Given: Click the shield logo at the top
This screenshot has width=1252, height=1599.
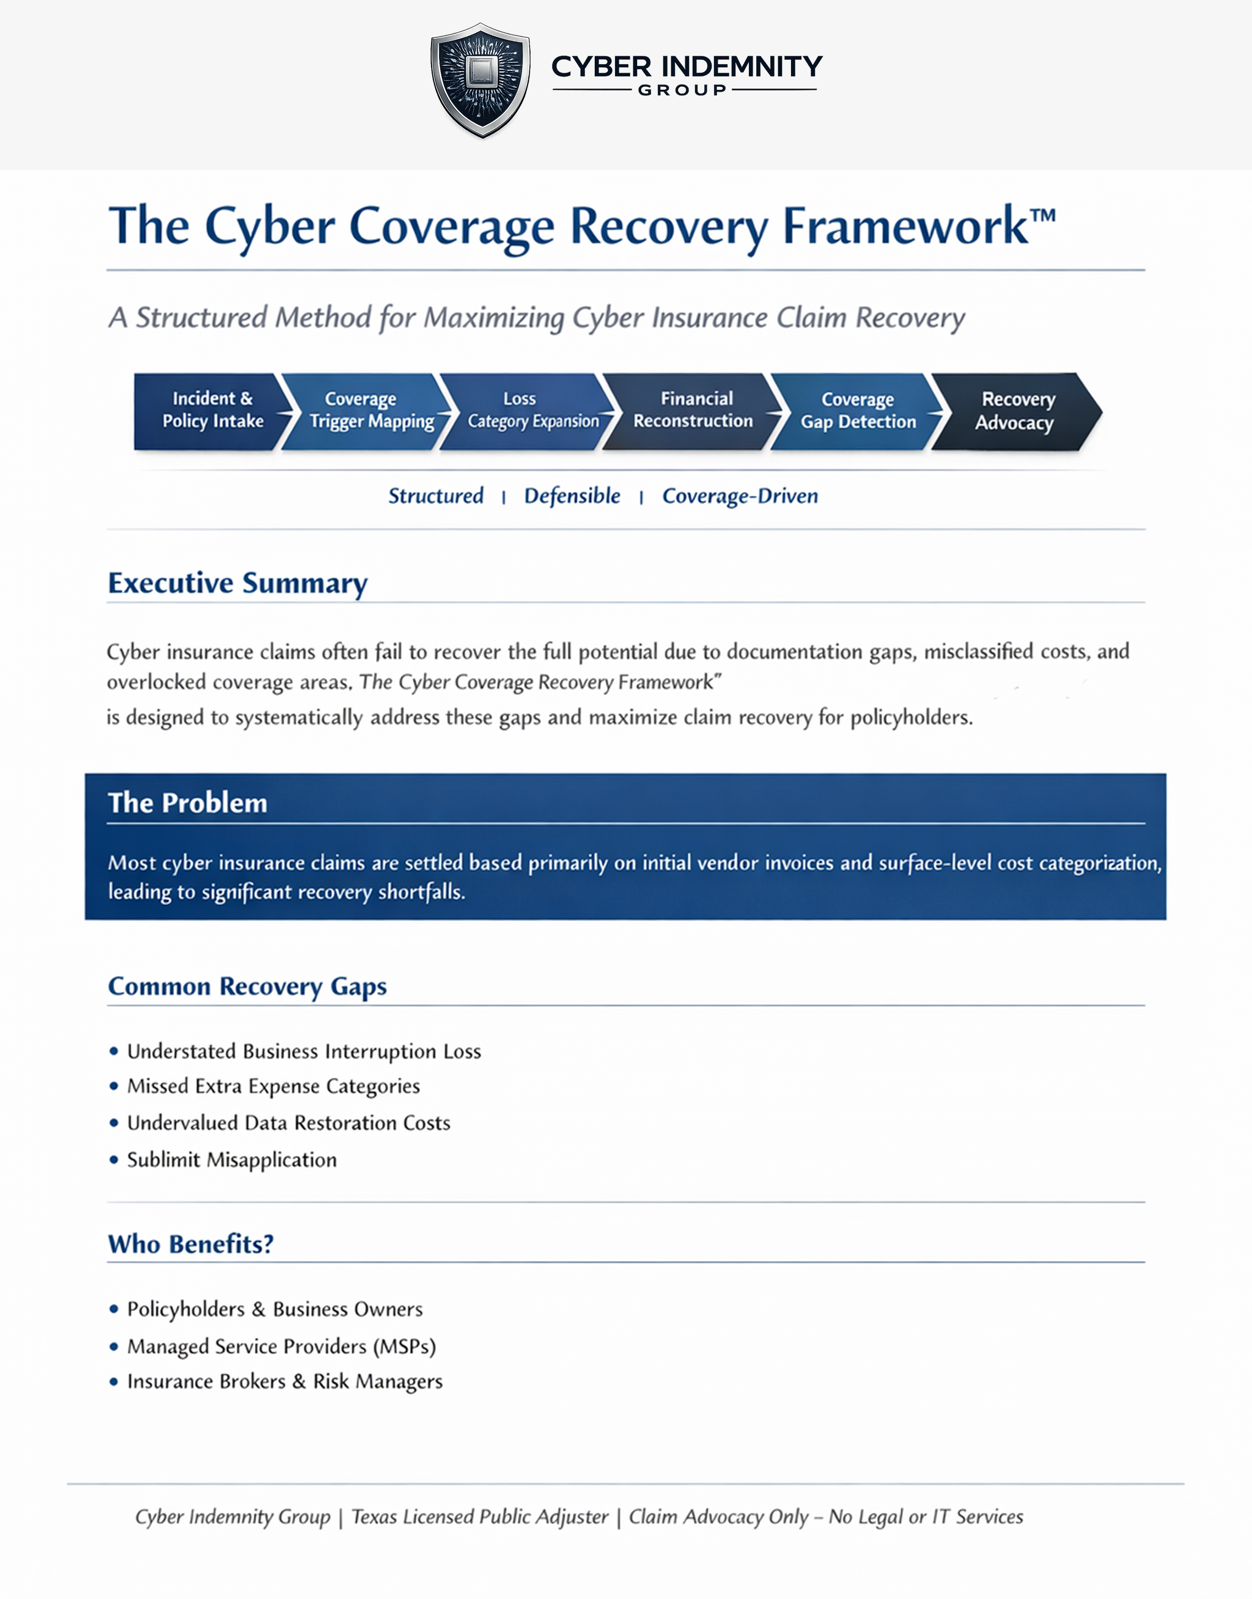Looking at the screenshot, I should [480, 79].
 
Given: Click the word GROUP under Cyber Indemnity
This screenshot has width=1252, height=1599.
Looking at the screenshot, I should [682, 90].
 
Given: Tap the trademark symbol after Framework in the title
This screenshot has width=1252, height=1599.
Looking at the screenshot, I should [1042, 216].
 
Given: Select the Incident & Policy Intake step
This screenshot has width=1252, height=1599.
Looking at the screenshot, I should [210, 410].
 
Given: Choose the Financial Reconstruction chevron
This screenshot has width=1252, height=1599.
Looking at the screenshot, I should [693, 410].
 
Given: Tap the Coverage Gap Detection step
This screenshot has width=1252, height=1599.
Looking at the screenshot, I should [858, 410].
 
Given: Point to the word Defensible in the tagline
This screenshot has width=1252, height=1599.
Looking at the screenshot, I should [572, 496].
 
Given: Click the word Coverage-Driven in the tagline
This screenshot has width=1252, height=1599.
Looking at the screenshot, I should [740, 496].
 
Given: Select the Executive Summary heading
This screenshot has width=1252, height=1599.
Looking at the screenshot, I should [237, 583].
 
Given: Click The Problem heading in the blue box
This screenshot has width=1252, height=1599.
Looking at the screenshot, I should [188, 803].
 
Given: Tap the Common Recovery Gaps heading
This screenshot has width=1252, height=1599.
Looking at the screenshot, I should [247, 987].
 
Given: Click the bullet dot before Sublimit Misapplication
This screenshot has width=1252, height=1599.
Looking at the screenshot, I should [114, 1160].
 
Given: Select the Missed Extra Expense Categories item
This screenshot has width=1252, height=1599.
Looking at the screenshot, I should [273, 1086].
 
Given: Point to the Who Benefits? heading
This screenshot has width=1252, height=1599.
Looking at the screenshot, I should [191, 1244].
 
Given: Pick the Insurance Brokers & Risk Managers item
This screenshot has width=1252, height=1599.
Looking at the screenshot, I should [284, 1381].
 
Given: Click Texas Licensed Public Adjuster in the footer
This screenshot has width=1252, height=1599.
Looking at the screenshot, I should [480, 1516].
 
